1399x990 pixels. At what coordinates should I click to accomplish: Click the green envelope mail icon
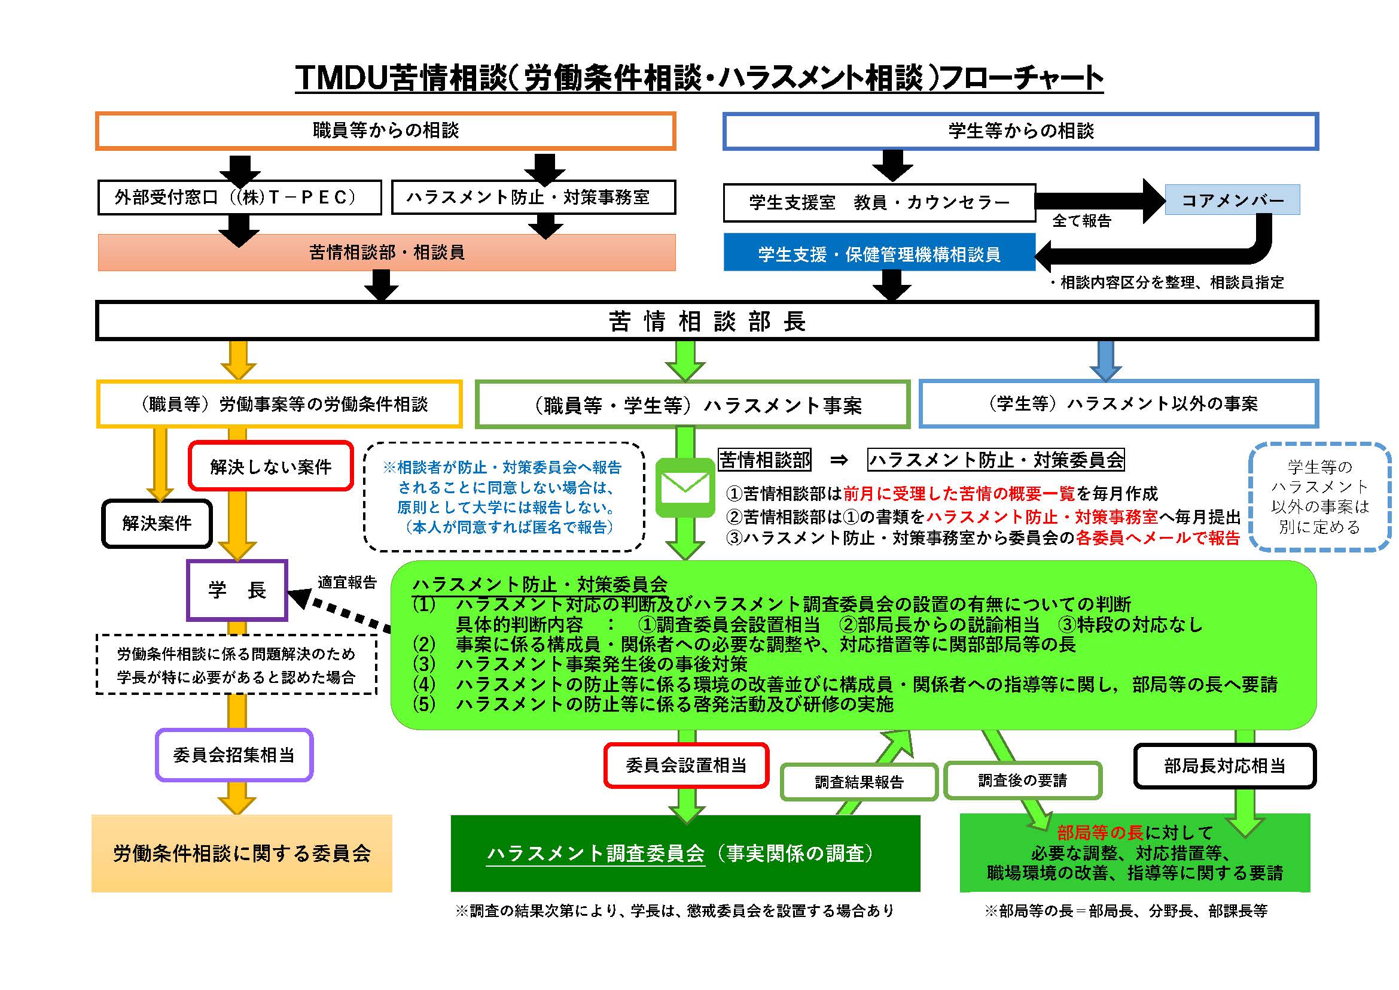point(685,488)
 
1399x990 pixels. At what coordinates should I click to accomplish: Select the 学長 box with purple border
point(237,590)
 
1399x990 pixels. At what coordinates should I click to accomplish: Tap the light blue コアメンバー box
point(1232,200)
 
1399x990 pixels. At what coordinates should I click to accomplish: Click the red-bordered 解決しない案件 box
point(270,466)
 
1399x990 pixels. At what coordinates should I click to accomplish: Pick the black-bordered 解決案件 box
point(157,523)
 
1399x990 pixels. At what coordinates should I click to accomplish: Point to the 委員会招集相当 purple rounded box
point(234,755)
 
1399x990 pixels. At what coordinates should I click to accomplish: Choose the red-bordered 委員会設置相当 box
point(686,765)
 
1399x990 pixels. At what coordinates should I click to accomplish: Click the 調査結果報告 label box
point(859,782)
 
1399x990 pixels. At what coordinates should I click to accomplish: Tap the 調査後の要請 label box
point(1022,781)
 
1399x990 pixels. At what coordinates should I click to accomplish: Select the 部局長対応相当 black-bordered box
point(1225,766)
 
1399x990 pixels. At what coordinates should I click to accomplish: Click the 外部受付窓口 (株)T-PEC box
point(239,198)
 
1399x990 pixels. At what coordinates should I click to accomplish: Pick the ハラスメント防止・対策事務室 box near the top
point(533,198)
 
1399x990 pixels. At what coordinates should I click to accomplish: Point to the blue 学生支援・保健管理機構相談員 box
point(879,254)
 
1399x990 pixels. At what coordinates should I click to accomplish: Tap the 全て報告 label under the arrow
point(1081,221)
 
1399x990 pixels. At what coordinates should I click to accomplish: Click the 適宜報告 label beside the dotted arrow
point(347,582)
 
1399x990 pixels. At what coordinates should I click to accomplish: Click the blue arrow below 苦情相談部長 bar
point(1105,361)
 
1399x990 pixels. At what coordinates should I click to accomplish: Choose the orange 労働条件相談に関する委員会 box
point(242,853)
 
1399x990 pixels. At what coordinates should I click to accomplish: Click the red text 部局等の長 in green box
point(1100,833)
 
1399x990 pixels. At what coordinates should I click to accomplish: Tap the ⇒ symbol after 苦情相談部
point(839,460)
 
